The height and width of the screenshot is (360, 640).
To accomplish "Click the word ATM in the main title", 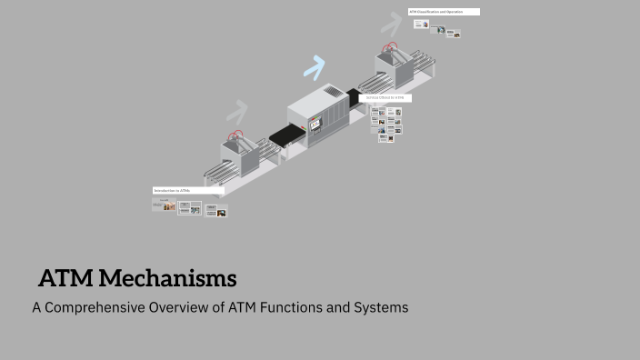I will pos(65,277).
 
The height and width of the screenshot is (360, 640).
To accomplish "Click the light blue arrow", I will pos(315,66).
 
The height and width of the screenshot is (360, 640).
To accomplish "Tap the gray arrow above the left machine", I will pos(237,112).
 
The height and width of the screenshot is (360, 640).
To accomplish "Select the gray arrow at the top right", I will pos(392,22).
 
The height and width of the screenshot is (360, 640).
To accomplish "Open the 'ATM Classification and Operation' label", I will pos(444,12).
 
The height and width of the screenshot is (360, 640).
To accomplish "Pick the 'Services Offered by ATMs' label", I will pos(386,97).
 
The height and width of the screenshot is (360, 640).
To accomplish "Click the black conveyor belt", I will pos(286,136).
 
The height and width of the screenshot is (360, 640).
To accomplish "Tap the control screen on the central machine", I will pos(315,123).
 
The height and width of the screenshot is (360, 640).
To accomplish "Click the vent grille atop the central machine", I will pos(334,92).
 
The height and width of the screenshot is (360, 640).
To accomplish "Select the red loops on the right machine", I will pos(391,48).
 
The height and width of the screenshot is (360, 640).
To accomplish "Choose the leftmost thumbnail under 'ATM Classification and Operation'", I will pos(421,25).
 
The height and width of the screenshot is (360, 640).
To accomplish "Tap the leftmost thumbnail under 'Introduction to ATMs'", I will pos(164,205).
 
